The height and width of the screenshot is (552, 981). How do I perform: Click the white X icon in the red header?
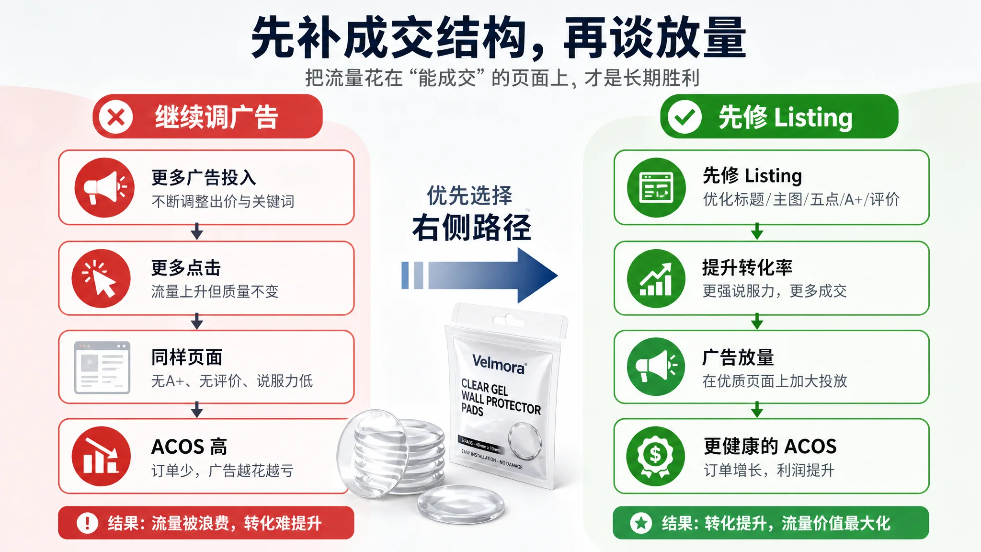115,116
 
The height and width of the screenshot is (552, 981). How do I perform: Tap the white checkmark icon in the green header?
684,116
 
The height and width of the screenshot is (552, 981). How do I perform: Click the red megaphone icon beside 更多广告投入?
104,187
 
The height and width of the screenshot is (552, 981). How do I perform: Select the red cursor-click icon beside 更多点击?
101,278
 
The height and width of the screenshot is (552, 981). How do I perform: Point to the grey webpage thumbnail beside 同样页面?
102,368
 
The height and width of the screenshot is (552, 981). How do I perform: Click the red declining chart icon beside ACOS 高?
101,456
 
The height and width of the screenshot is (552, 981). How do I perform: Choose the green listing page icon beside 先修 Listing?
656,187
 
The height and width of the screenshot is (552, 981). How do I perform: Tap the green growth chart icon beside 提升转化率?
656,278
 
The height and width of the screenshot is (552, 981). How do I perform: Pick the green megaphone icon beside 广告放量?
656,367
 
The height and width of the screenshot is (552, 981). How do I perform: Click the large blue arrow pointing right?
479,276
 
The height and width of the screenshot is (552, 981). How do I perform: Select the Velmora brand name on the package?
499,364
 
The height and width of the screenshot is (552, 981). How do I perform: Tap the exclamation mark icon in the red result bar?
87,523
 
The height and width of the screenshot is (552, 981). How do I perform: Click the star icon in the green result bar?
641,523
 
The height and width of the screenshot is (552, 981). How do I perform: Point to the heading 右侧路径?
472,228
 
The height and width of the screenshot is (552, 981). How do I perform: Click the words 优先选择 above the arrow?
469,195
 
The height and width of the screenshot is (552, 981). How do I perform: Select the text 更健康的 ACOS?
770,447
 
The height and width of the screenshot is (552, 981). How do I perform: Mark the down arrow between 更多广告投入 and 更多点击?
197,231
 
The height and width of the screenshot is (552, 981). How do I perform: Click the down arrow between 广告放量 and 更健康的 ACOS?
757,410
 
